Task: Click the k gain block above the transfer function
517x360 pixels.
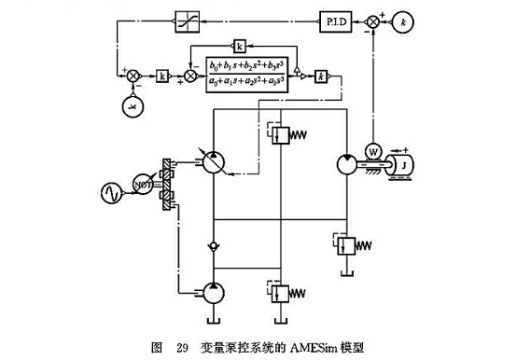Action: (239, 46)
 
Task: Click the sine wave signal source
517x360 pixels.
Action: (111, 193)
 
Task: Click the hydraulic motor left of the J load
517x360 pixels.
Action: (347, 163)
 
